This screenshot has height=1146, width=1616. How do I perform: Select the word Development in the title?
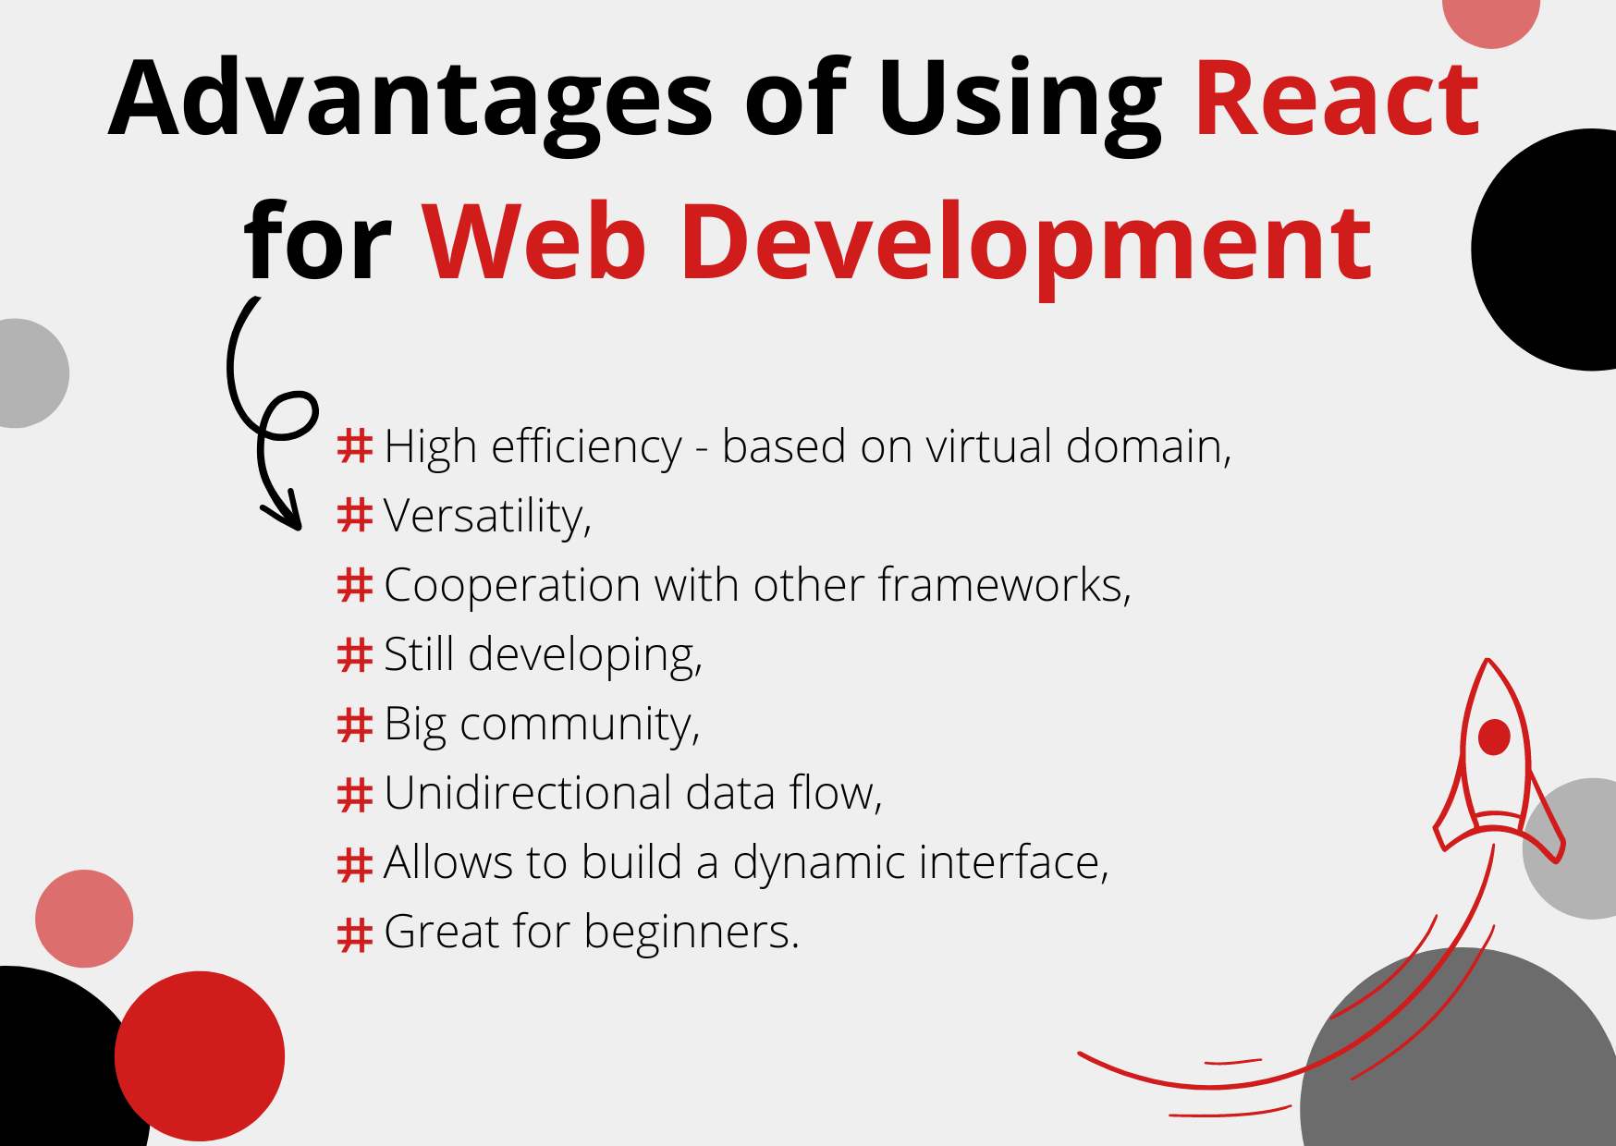[x=1026, y=242]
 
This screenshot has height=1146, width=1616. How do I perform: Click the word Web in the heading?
[x=534, y=242]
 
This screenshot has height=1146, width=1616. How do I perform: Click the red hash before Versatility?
[x=355, y=516]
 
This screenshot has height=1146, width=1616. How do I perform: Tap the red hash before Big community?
[x=355, y=724]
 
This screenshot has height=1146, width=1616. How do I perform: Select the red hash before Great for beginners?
[x=355, y=933]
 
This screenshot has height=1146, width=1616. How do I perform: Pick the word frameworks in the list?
[x=1004, y=585]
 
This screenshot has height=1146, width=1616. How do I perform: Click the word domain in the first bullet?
[x=1146, y=446]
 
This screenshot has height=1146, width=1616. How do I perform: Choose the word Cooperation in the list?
[x=512, y=586]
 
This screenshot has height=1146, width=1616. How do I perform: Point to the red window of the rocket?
[x=1494, y=738]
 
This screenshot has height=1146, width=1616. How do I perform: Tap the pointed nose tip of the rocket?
[x=1487, y=662]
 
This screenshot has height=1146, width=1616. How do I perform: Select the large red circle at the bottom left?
[x=200, y=1055]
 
